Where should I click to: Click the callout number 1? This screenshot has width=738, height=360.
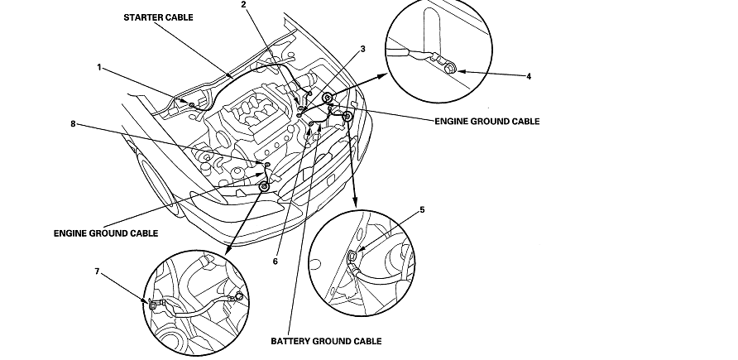[x=99, y=68]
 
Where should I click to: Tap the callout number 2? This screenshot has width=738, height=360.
[x=243, y=5]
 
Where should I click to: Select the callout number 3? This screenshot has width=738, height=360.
[x=362, y=50]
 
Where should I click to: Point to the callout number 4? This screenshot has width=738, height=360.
[x=529, y=76]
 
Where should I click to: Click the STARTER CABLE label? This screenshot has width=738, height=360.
[x=159, y=17]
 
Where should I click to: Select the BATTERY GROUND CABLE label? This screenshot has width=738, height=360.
[x=327, y=340]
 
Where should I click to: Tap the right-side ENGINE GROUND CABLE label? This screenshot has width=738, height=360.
[x=487, y=121]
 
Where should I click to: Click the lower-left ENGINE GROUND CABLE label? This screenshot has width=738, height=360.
[x=105, y=233]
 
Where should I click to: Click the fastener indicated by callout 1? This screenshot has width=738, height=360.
[x=192, y=105]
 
